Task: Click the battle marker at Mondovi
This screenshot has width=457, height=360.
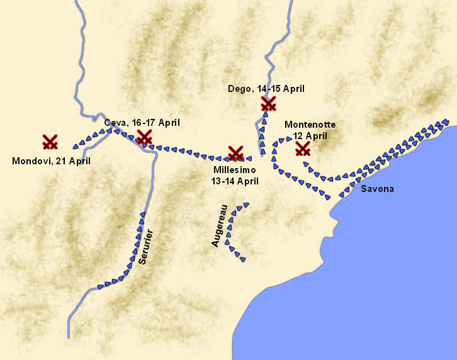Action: pyautogui.click(x=50, y=142)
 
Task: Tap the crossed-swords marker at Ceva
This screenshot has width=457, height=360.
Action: pyautogui.click(x=145, y=137)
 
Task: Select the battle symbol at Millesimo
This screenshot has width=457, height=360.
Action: pyautogui.click(x=236, y=153)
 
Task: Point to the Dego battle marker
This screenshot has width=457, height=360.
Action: pyautogui.click(x=269, y=103)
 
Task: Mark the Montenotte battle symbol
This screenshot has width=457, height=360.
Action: pyautogui.click(x=303, y=149)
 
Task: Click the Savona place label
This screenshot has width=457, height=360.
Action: pyautogui.click(x=378, y=189)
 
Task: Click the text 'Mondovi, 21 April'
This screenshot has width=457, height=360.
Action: pyautogui.click(x=52, y=161)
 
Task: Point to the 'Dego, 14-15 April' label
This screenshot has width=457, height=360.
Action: pyautogui.click(x=266, y=89)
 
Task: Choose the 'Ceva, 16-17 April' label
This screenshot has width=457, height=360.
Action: pyautogui.click(x=142, y=122)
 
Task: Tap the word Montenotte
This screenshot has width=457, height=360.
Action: pyautogui.click(x=310, y=125)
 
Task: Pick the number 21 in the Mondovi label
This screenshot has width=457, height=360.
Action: pyautogui.click(x=58, y=161)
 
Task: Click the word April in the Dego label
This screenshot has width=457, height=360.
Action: pyautogui.click(x=293, y=89)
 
